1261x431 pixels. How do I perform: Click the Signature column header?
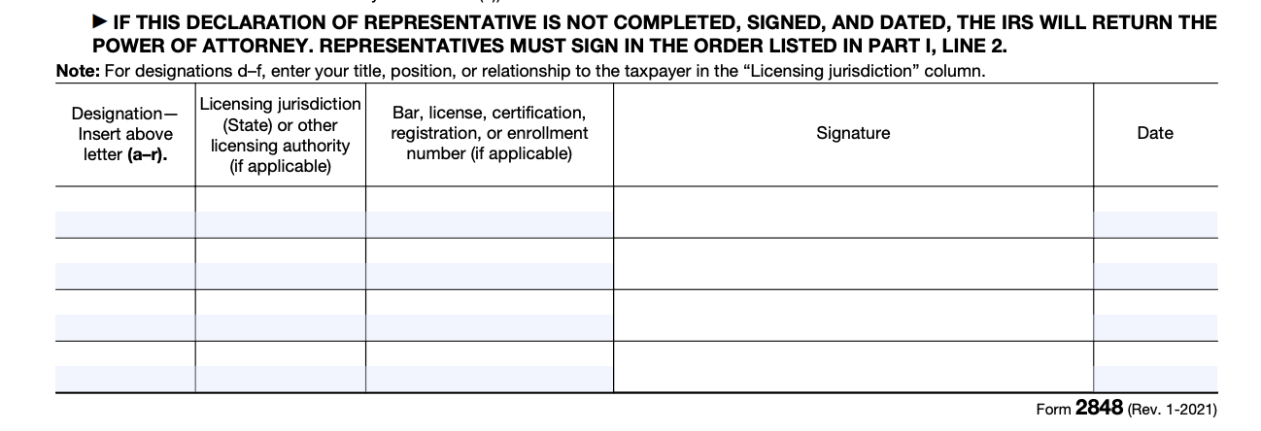853,134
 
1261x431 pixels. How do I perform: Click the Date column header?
1154,134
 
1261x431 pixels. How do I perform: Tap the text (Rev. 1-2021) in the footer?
1172,410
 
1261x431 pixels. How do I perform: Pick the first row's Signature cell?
853,212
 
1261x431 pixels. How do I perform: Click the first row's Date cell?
1154,212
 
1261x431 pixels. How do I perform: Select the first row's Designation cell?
125,212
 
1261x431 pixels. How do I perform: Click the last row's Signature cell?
853,367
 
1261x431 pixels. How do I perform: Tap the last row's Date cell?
1154,367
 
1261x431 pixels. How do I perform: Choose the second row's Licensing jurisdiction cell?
280,263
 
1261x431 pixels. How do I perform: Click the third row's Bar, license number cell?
489,315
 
